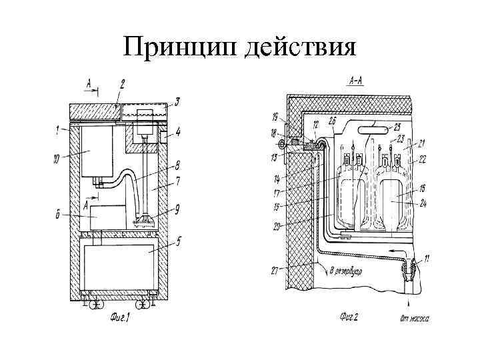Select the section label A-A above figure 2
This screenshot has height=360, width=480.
pos(356,83)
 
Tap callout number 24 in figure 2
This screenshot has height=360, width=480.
pos(424,203)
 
